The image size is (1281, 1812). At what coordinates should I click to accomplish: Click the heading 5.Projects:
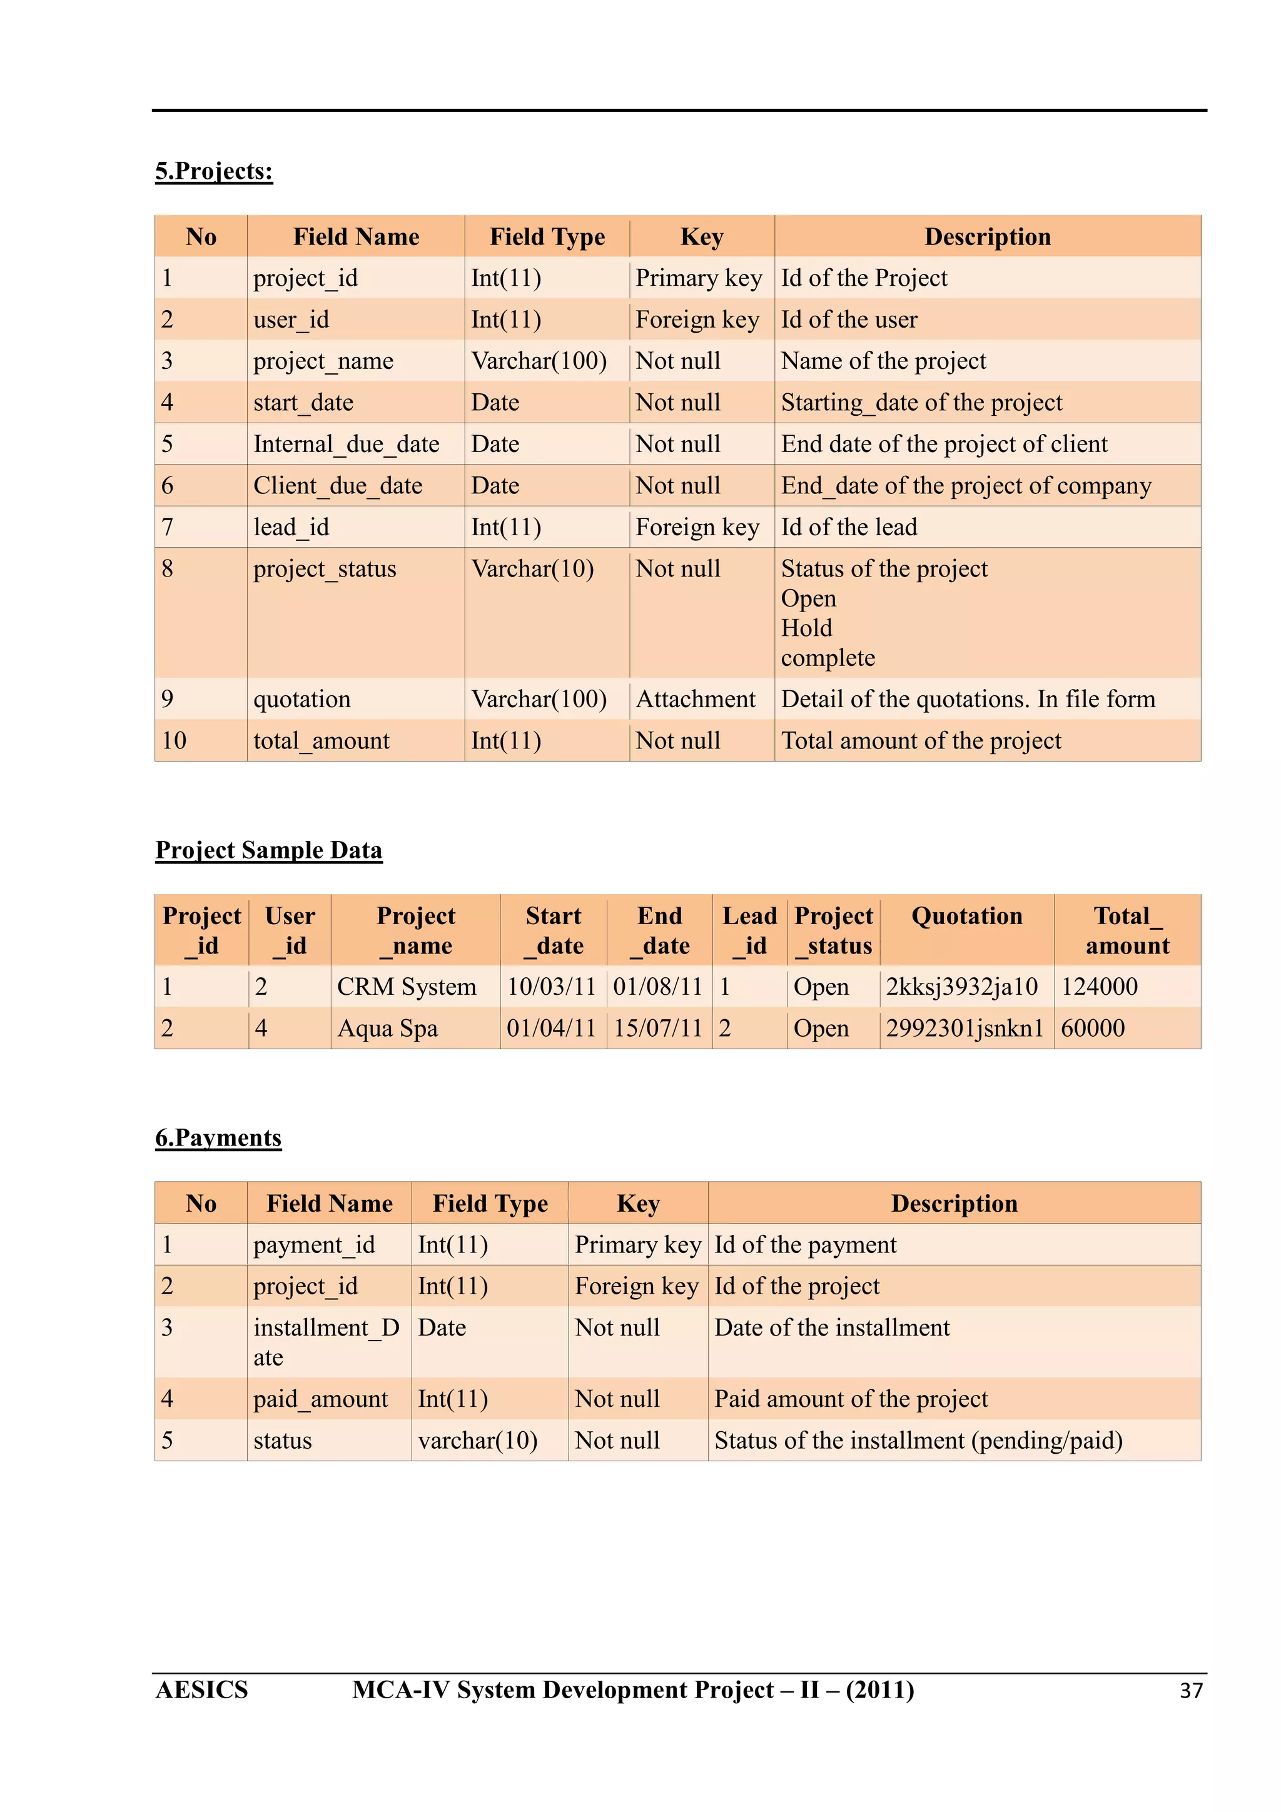click(214, 171)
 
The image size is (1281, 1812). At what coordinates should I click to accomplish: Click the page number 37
click(1190, 1691)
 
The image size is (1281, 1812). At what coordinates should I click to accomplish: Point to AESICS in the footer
click(201, 1689)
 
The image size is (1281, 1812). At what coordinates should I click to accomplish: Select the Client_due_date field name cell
click(338, 485)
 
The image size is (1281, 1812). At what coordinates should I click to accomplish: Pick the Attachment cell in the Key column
click(696, 698)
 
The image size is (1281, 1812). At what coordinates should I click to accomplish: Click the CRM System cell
click(407, 987)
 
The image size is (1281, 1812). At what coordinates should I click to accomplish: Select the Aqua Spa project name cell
click(388, 1029)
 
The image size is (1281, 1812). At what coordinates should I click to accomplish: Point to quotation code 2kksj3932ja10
click(961, 987)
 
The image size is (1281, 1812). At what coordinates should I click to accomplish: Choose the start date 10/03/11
click(551, 987)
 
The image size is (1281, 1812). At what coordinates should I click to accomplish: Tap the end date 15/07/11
click(657, 1029)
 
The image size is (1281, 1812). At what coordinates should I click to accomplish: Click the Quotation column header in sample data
click(966, 915)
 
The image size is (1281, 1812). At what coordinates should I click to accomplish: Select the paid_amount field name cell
click(320, 1399)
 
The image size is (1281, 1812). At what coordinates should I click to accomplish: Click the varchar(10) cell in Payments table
click(477, 1441)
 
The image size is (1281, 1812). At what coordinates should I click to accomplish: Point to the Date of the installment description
click(832, 1327)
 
